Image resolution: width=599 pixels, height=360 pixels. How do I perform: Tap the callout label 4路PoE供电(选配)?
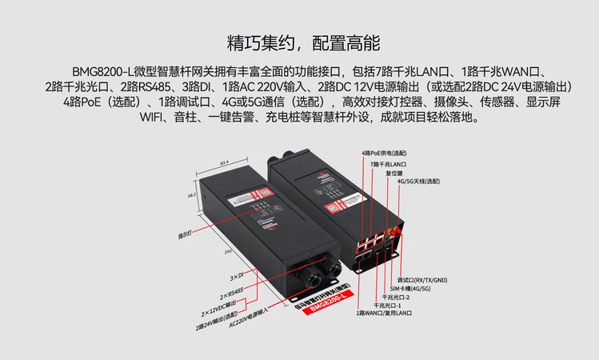coord(384,152)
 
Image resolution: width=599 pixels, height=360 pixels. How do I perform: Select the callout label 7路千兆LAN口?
coord(389,163)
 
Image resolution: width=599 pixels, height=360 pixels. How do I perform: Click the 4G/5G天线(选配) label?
coord(418,181)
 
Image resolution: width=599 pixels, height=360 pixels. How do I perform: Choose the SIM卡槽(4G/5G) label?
coord(410,288)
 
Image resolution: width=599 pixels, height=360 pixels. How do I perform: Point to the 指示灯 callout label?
coord(187,234)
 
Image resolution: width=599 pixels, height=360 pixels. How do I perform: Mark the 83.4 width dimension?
coord(225,163)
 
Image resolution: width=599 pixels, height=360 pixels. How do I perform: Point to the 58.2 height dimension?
coord(192,194)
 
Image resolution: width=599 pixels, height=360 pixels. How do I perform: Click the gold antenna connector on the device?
coord(394,231)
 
